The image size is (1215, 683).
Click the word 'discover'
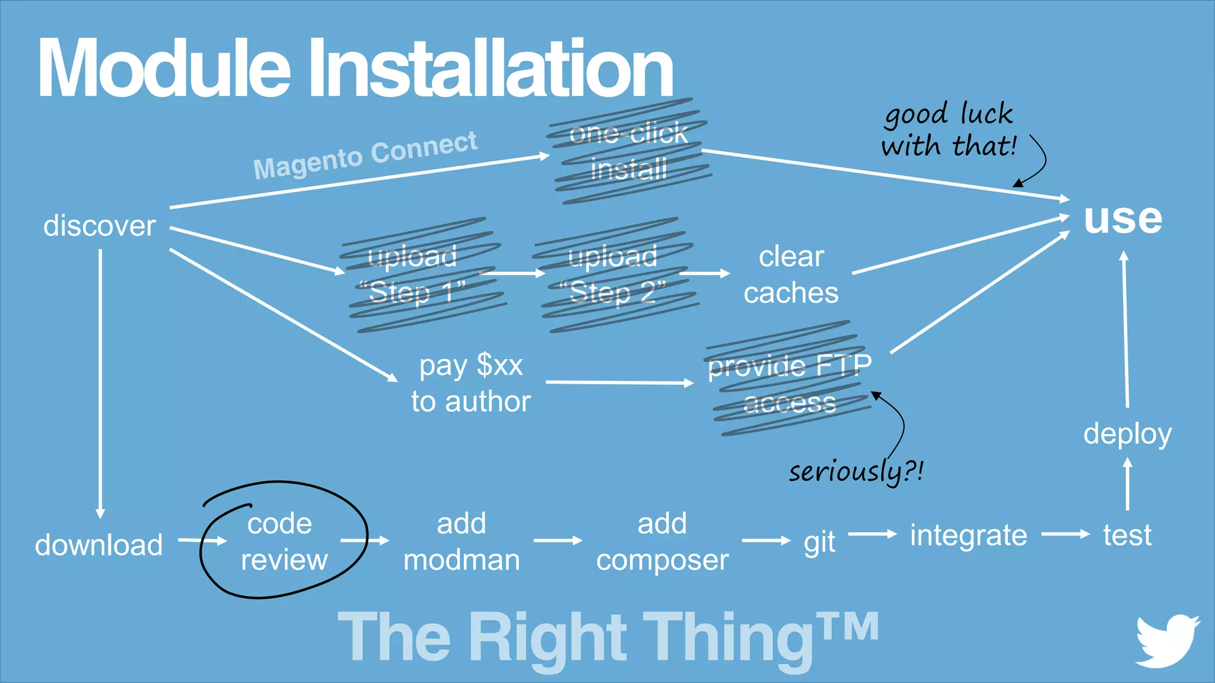point(100,226)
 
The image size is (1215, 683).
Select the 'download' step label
point(99,545)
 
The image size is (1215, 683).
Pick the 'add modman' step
point(462,541)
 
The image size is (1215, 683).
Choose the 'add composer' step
point(662,541)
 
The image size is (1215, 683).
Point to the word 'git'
point(819,541)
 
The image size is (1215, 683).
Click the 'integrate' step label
point(968,535)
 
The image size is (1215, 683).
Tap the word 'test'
point(1127,535)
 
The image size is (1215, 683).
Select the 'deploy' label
point(1127,434)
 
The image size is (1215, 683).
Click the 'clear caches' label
point(791,275)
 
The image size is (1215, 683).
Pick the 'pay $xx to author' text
point(470,384)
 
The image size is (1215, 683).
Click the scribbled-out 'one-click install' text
point(629,151)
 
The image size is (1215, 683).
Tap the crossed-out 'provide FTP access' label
point(789,384)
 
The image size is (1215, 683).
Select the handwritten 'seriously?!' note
point(855,472)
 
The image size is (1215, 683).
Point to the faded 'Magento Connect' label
point(365,155)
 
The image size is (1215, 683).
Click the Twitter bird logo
point(1166,641)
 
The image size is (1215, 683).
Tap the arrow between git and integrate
point(872,534)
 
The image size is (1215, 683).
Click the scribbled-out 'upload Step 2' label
point(613,275)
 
